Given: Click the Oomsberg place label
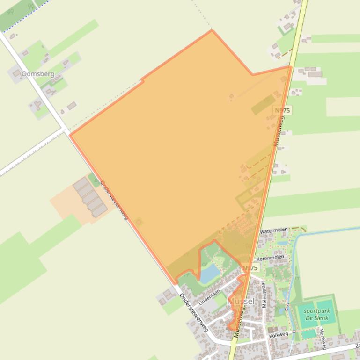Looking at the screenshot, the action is point(37,74).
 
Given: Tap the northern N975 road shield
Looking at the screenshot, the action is point(282,110).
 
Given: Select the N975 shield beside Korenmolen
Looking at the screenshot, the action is point(250,268).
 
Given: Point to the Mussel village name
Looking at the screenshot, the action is point(241,302).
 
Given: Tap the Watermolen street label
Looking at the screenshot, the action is point(273,231).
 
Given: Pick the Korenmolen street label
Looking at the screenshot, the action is point(270,258).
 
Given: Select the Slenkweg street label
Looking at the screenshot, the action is point(323,338).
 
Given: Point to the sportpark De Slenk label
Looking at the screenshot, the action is point(316,315).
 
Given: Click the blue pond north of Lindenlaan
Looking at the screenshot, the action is point(209,273).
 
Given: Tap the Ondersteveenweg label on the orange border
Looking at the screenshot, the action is point(114,201).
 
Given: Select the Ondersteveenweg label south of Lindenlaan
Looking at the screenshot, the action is point(193,313).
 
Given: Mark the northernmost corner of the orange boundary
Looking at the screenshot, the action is point(212,31).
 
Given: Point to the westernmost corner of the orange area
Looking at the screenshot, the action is point(70,135).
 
